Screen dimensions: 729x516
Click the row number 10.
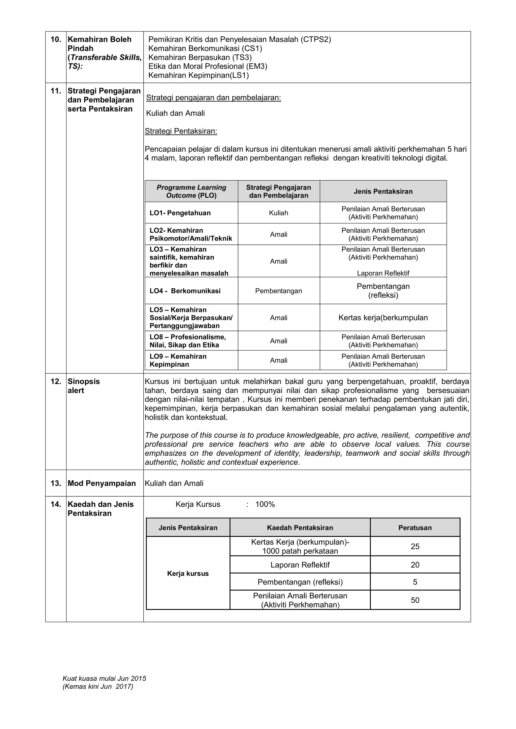(56, 39)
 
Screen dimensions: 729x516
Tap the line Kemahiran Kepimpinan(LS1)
(199, 75)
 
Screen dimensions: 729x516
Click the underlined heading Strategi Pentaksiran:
(181, 131)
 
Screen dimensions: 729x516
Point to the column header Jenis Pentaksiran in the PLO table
(383, 191)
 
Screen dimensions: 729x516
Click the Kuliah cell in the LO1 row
(278, 213)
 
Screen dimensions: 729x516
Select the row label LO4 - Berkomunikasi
(185, 291)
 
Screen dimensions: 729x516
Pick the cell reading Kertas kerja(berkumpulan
(383, 318)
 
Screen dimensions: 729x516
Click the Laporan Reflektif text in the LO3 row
(383, 273)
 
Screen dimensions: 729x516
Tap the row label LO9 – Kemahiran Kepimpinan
(178, 360)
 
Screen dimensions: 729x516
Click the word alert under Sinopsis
(76, 390)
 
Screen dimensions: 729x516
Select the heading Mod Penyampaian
(102, 483)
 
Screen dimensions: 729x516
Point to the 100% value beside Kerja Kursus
(265, 504)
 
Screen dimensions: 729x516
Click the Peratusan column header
(415, 528)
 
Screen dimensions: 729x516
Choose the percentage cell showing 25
(415, 546)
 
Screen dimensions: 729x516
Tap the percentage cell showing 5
(415, 582)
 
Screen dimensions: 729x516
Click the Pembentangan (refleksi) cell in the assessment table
(300, 582)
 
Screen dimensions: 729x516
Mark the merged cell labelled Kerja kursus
(188, 573)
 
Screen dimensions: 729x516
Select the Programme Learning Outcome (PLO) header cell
(191, 191)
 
